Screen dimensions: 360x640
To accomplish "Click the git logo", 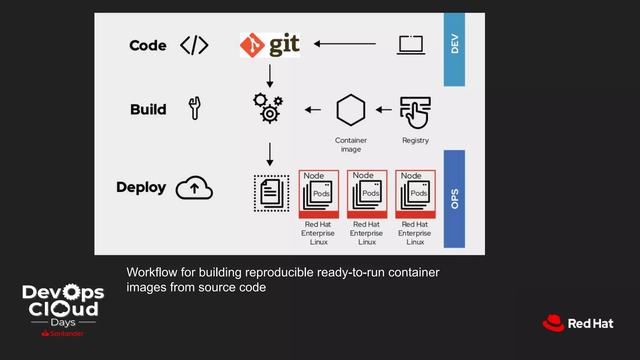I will (x=270, y=45).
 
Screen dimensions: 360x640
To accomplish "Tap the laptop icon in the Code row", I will (x=411, y=45).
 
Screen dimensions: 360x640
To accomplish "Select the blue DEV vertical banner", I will (x=454, y=49).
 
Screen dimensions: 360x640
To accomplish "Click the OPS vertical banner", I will (x=454, y=199).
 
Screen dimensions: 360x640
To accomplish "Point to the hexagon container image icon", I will (x=351, y=110).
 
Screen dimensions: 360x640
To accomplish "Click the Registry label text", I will (x=415, y=140).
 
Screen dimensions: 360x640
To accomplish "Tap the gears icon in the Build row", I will (x=268, y=108).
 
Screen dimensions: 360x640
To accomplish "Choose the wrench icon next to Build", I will (x=194, y=108).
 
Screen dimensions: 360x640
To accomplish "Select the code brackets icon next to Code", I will (x=194, y=45).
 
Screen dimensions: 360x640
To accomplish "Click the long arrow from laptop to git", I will (x=345, y=44).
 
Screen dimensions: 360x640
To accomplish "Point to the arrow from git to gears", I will (x=270, y=76).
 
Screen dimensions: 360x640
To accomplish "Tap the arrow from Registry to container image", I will (x=384, y=110).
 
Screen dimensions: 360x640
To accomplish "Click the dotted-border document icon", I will (x=271, y=193).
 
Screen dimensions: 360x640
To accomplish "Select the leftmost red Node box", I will (x=318, y=194).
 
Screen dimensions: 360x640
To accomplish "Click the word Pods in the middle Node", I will (x=371, y=193).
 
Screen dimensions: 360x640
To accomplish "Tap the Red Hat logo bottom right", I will (x=578, y=323).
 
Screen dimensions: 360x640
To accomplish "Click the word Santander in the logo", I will (x=67, y=334).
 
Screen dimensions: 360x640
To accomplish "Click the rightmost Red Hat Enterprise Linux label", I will (x=415, y=233).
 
